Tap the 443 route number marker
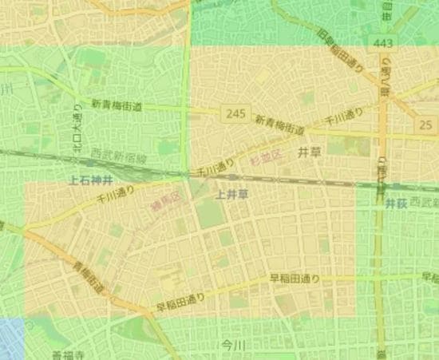(x=381, y=42)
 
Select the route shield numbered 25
(x=425, y=125)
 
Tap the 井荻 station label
(x=397, y=204)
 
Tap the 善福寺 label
(x=66, y=354)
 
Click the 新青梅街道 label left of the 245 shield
(x=117, y=105)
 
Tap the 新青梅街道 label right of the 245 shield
(x=279, y=125)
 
